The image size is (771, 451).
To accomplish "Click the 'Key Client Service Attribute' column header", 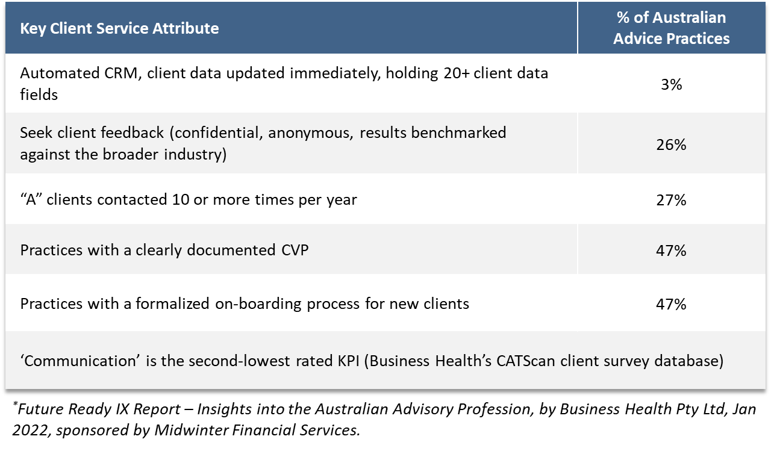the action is click(x=119, y=28).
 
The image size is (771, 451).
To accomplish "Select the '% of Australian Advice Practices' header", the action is click(x=671, y=28).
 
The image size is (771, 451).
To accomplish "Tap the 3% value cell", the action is click(x=671, y=85).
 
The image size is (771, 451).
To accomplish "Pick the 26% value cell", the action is click(x=671, y=145).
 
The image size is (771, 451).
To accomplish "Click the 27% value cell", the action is click(x=671, y=200).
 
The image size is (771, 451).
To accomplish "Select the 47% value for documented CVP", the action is click(x=671, y=250).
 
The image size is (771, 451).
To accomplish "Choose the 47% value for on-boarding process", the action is click(x=671, y=304).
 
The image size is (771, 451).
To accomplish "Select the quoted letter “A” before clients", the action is click(x=31, y=199).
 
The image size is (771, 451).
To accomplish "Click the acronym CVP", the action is click(x=295, y=250).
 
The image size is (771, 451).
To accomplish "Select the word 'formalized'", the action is click(x=172, y=303).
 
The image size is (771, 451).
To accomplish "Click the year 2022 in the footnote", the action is click(x=30, y=431).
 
